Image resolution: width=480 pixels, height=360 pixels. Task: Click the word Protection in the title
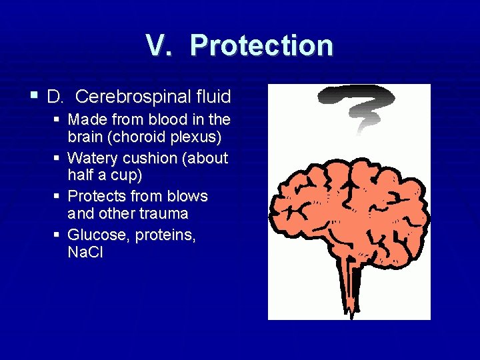[261, 45]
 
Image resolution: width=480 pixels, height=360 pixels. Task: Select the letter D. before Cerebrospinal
[55, 97]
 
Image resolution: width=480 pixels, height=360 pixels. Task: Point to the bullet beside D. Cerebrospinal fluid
[34, 96]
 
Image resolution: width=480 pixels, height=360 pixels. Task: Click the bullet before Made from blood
[59, 119]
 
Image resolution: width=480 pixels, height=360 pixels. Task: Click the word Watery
[91, 159]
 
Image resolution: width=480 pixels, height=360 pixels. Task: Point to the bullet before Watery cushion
[59, 158]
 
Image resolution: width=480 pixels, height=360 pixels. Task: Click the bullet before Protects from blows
[59, 196]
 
